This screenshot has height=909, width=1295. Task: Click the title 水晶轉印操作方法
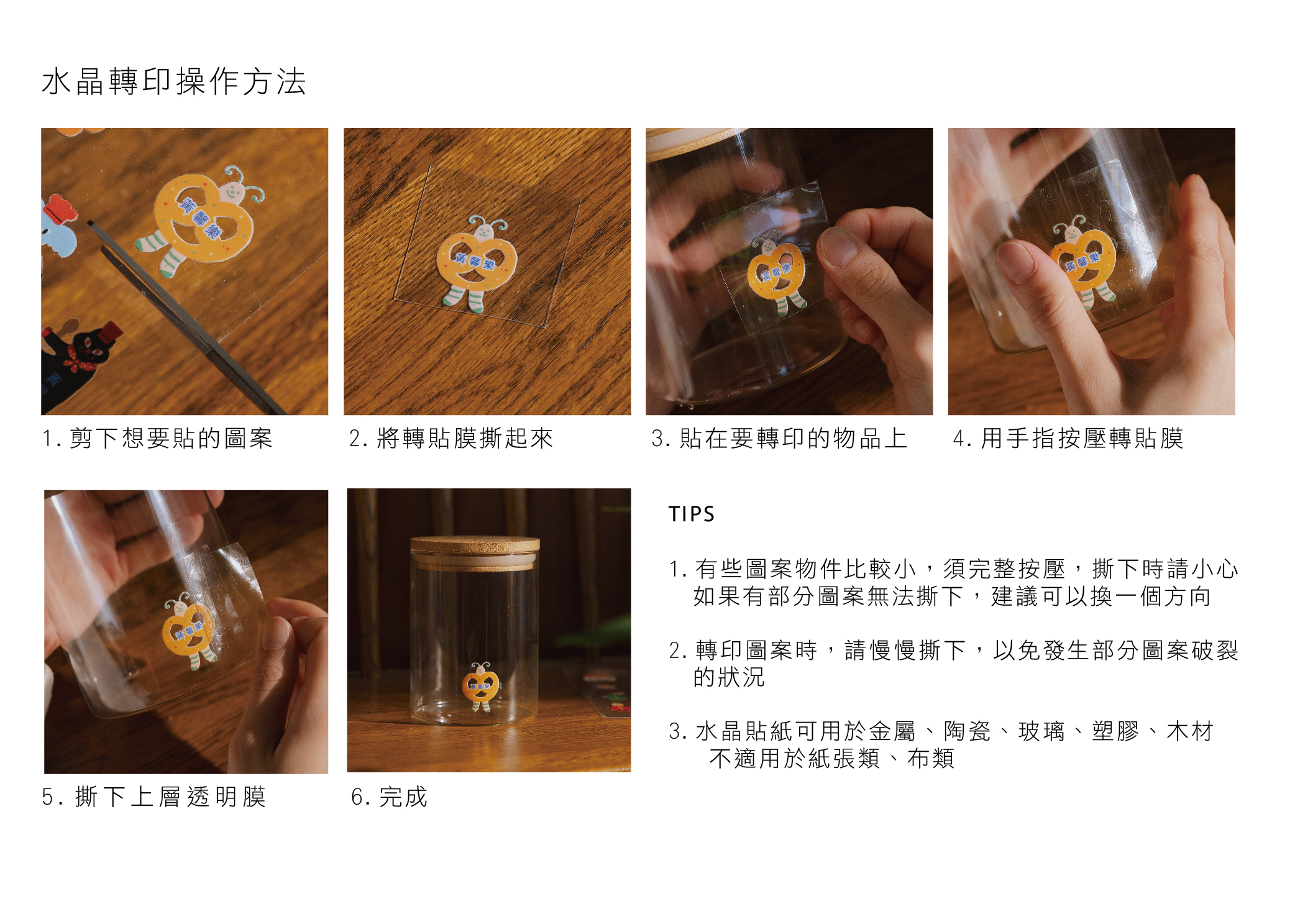point(174,81)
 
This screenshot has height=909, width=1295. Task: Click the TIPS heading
point(692,514)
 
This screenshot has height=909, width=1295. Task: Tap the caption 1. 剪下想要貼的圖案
point(157,438)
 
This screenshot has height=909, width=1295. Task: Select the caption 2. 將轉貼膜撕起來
point(451,438)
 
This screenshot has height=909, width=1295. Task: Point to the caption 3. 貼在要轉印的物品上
point(779,438)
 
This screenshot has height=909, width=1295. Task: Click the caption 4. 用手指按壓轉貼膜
point(1068,438)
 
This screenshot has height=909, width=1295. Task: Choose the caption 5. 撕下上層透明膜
point(154,797)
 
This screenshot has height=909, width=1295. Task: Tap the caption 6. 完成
point(390,797)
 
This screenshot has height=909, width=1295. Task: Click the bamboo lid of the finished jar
point(475,552)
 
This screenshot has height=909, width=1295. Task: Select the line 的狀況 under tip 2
point(729,677)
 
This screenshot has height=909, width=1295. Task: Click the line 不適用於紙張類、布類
point(831,759)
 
